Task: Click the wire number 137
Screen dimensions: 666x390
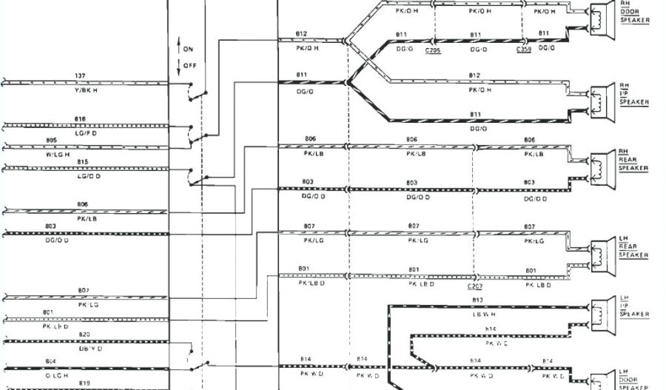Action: pyautogui.click(x=80, y=76)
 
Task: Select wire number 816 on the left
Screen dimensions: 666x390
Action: pyautogui.click(x=80, y=119)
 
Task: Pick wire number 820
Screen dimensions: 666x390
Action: pyautogui.click(x=85, y=334)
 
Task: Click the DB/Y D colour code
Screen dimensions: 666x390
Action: pyautogui.click(x=85, y=349)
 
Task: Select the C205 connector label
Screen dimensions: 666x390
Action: pyautogui.click(x=433, y=50)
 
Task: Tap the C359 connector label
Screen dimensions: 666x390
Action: pyautogui.click(x=523, y=50)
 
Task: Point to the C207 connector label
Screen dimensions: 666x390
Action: pyautogui.click(x=474, y=286)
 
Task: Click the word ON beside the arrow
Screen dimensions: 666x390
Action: pyautogui.click(x=189, y=49)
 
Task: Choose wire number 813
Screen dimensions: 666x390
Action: pyautogui.click(x=477, y=300)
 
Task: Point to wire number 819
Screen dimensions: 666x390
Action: pyautogui.click(x=85, y=383)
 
